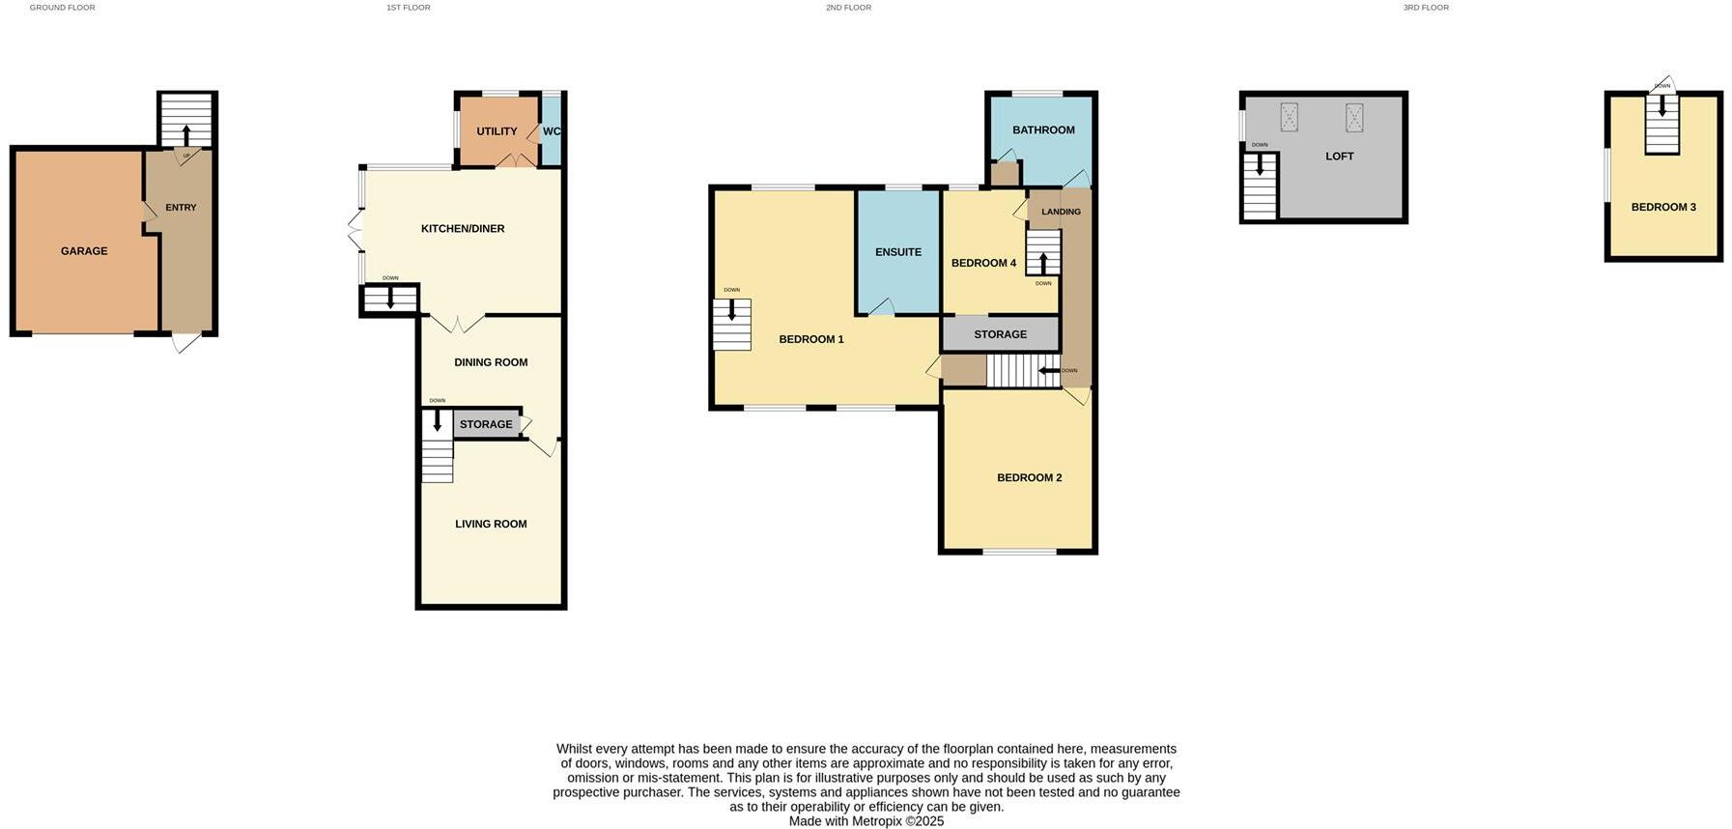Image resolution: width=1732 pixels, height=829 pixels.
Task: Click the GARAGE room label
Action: pos(84,251)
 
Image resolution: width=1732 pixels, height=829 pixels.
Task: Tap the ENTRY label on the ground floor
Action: pos(181,208)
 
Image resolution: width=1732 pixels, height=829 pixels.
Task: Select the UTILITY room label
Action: pos(497,131)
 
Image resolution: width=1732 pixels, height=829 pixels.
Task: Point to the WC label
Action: pos(552,131)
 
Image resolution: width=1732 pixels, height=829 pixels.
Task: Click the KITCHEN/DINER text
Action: pos(463,229)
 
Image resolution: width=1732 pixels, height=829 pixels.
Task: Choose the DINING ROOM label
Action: pos(491,362)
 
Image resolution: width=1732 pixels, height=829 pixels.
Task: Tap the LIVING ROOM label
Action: pos(491,524)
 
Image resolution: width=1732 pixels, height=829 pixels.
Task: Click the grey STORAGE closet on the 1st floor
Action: pos(486,424)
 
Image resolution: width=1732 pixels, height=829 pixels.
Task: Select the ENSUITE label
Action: pos(898,252)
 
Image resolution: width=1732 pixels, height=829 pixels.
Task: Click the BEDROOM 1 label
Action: pos(811,339)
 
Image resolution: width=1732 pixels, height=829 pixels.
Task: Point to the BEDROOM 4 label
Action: pos(983,263)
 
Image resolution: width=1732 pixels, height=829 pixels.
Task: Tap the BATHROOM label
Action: pos(1043,130)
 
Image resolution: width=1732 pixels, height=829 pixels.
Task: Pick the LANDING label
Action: pos(1061,212)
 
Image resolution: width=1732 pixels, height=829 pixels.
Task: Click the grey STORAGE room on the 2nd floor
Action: pos(1000,334)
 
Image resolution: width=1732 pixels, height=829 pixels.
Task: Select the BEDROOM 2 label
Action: pos(1029,477)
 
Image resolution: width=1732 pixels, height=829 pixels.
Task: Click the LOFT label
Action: pos(1339,156)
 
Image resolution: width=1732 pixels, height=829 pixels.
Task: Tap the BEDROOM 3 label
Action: pos(1663,207)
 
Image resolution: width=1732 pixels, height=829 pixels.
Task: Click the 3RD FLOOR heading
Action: pos(1426,8)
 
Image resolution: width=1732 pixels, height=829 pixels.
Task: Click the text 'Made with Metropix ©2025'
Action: pos(866,821)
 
